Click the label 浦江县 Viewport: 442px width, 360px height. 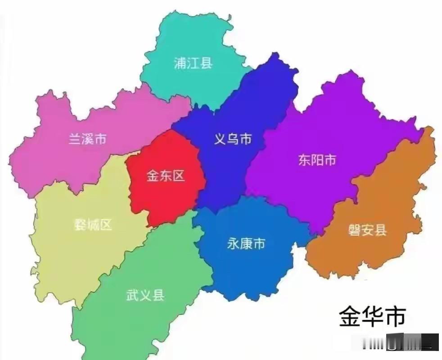tap(193, 63)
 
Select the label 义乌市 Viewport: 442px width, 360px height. tap(232, 139)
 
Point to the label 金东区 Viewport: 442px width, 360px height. tap(166, 175)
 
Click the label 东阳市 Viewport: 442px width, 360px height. tap(317, 160)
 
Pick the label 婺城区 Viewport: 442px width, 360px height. tap(93, 225)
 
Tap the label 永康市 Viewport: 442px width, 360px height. tap(246, 244)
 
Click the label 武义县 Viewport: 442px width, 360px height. tap(145, 295)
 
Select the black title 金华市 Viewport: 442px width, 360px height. tap(372, 316)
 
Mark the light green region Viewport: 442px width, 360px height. tap(135, 324)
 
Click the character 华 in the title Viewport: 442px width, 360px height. tap(372, 316)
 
